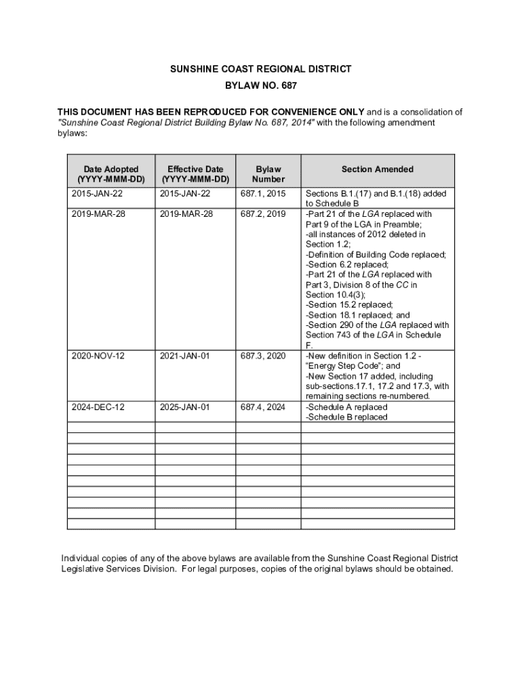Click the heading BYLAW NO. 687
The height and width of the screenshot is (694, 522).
coord(261,86)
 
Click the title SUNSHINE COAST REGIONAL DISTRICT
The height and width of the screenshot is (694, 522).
coord(261,69)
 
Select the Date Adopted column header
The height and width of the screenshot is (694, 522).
coord(111,174)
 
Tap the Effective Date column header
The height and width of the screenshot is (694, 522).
coord(195,174)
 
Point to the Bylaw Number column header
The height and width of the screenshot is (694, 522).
coord(268,174)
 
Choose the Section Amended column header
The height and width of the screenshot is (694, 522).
coord(377,169)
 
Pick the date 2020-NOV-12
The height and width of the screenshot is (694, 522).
coord(98,356)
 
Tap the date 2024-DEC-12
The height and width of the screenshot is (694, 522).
coord(98,407)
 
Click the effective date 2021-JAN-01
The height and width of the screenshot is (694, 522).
coord(185,356)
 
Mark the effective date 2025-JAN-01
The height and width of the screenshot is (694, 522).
coord(185,407)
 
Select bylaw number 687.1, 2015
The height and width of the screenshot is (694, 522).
coord(263,194)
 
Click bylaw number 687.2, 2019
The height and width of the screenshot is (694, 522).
coord(263,214)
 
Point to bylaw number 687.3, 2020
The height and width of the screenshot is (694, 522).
coord(263,356)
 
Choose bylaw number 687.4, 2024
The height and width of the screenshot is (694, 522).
coord(263,407)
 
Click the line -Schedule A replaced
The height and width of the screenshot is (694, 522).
coord(346,407)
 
